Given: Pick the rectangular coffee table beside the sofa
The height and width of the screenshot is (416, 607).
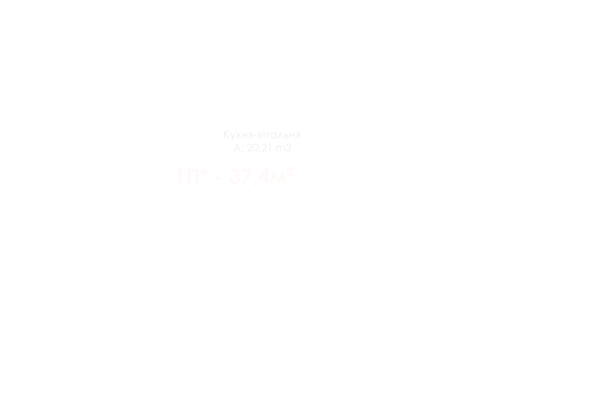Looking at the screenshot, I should click(221, 100).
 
